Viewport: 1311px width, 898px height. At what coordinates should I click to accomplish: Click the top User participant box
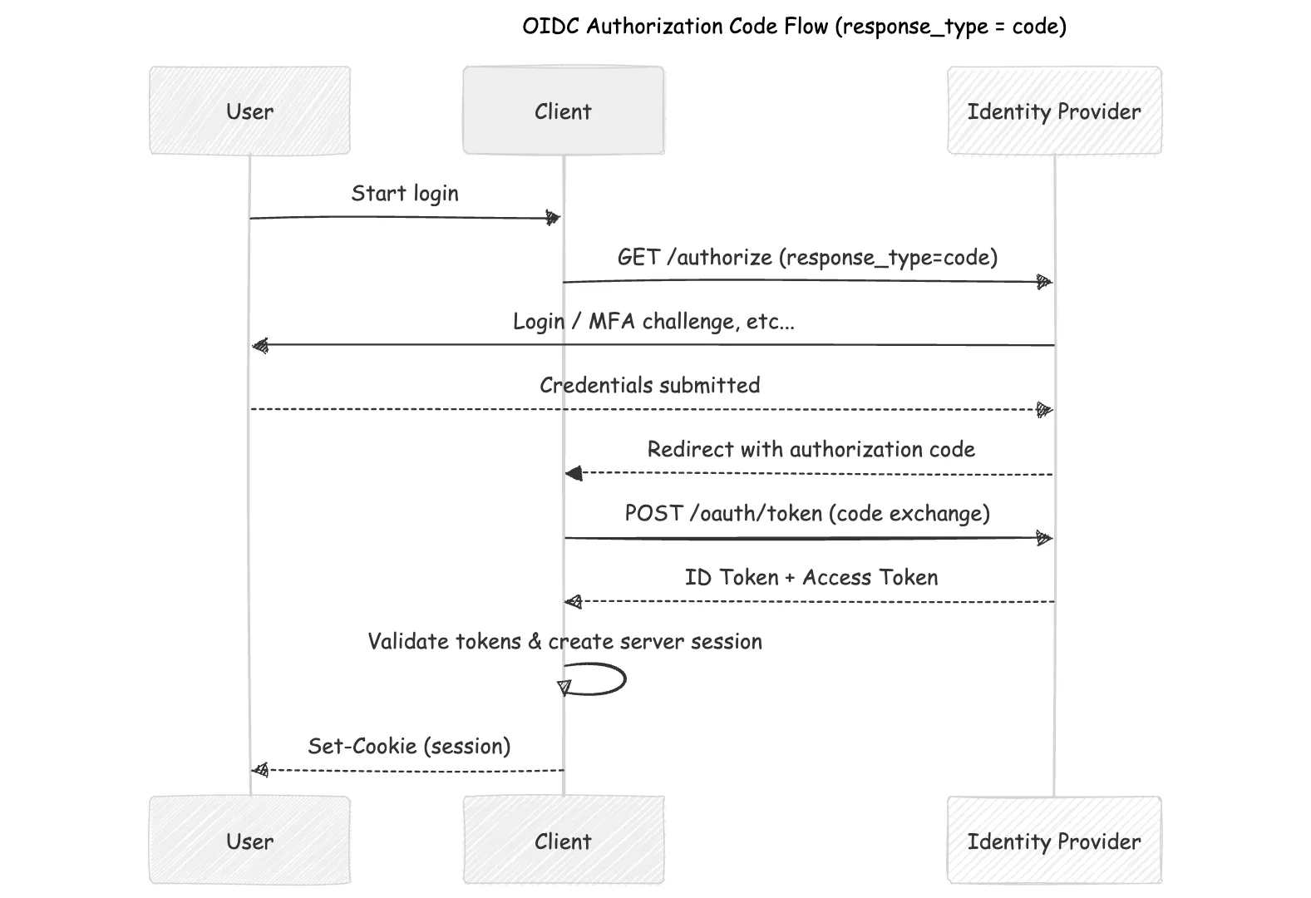pyautogui.click(x=249, y=111)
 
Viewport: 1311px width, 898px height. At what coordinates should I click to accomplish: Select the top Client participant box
pyautogui.click(x=563, y=111)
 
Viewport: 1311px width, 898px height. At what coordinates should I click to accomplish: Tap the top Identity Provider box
pyautogui.click(x=1053, y=111)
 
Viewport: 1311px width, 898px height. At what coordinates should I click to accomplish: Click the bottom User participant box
pyautogui.click(x=249, y=841)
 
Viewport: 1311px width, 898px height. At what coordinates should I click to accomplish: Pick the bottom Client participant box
pyautogui.click(x=563, y=841)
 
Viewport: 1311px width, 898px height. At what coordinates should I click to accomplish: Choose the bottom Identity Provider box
pyautogui.click(x=1053, y=841)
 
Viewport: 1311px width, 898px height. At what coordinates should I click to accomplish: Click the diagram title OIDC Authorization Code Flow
pyautogui.click(x=794, y=27)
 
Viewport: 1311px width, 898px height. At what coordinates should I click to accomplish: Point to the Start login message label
pyautogui.click(x=405, y=194)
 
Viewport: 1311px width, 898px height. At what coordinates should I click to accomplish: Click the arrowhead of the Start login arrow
pyautogui.click(x=553, y=218)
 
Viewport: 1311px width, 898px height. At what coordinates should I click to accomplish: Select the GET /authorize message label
pyautogui.click(x=807, y=258)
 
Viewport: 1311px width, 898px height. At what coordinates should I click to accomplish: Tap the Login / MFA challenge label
pyautogui.click(x=653, y=322)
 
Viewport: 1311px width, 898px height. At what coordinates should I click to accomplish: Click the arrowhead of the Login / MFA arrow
pyautogui.click(x=261, y=345)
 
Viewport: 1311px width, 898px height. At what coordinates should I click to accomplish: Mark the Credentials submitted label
pyautogui.click(x=649, y=385)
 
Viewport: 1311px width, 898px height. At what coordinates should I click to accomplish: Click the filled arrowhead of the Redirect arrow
pyautogui.click(x=574, y=474)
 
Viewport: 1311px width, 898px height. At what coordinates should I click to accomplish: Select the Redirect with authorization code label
pyautogui.click(x=811, y=450)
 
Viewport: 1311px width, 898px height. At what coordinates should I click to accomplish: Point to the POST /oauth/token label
pyautogui.click(x=807, y=513)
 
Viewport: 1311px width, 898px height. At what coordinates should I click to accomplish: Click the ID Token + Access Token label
pyautogui.click(x=811, y=577)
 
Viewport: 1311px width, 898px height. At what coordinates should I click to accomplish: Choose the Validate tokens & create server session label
pyautogui.click(x=564, y=641)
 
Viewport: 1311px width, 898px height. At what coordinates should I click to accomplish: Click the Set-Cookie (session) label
pyautogui.click(x=409, y=746)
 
